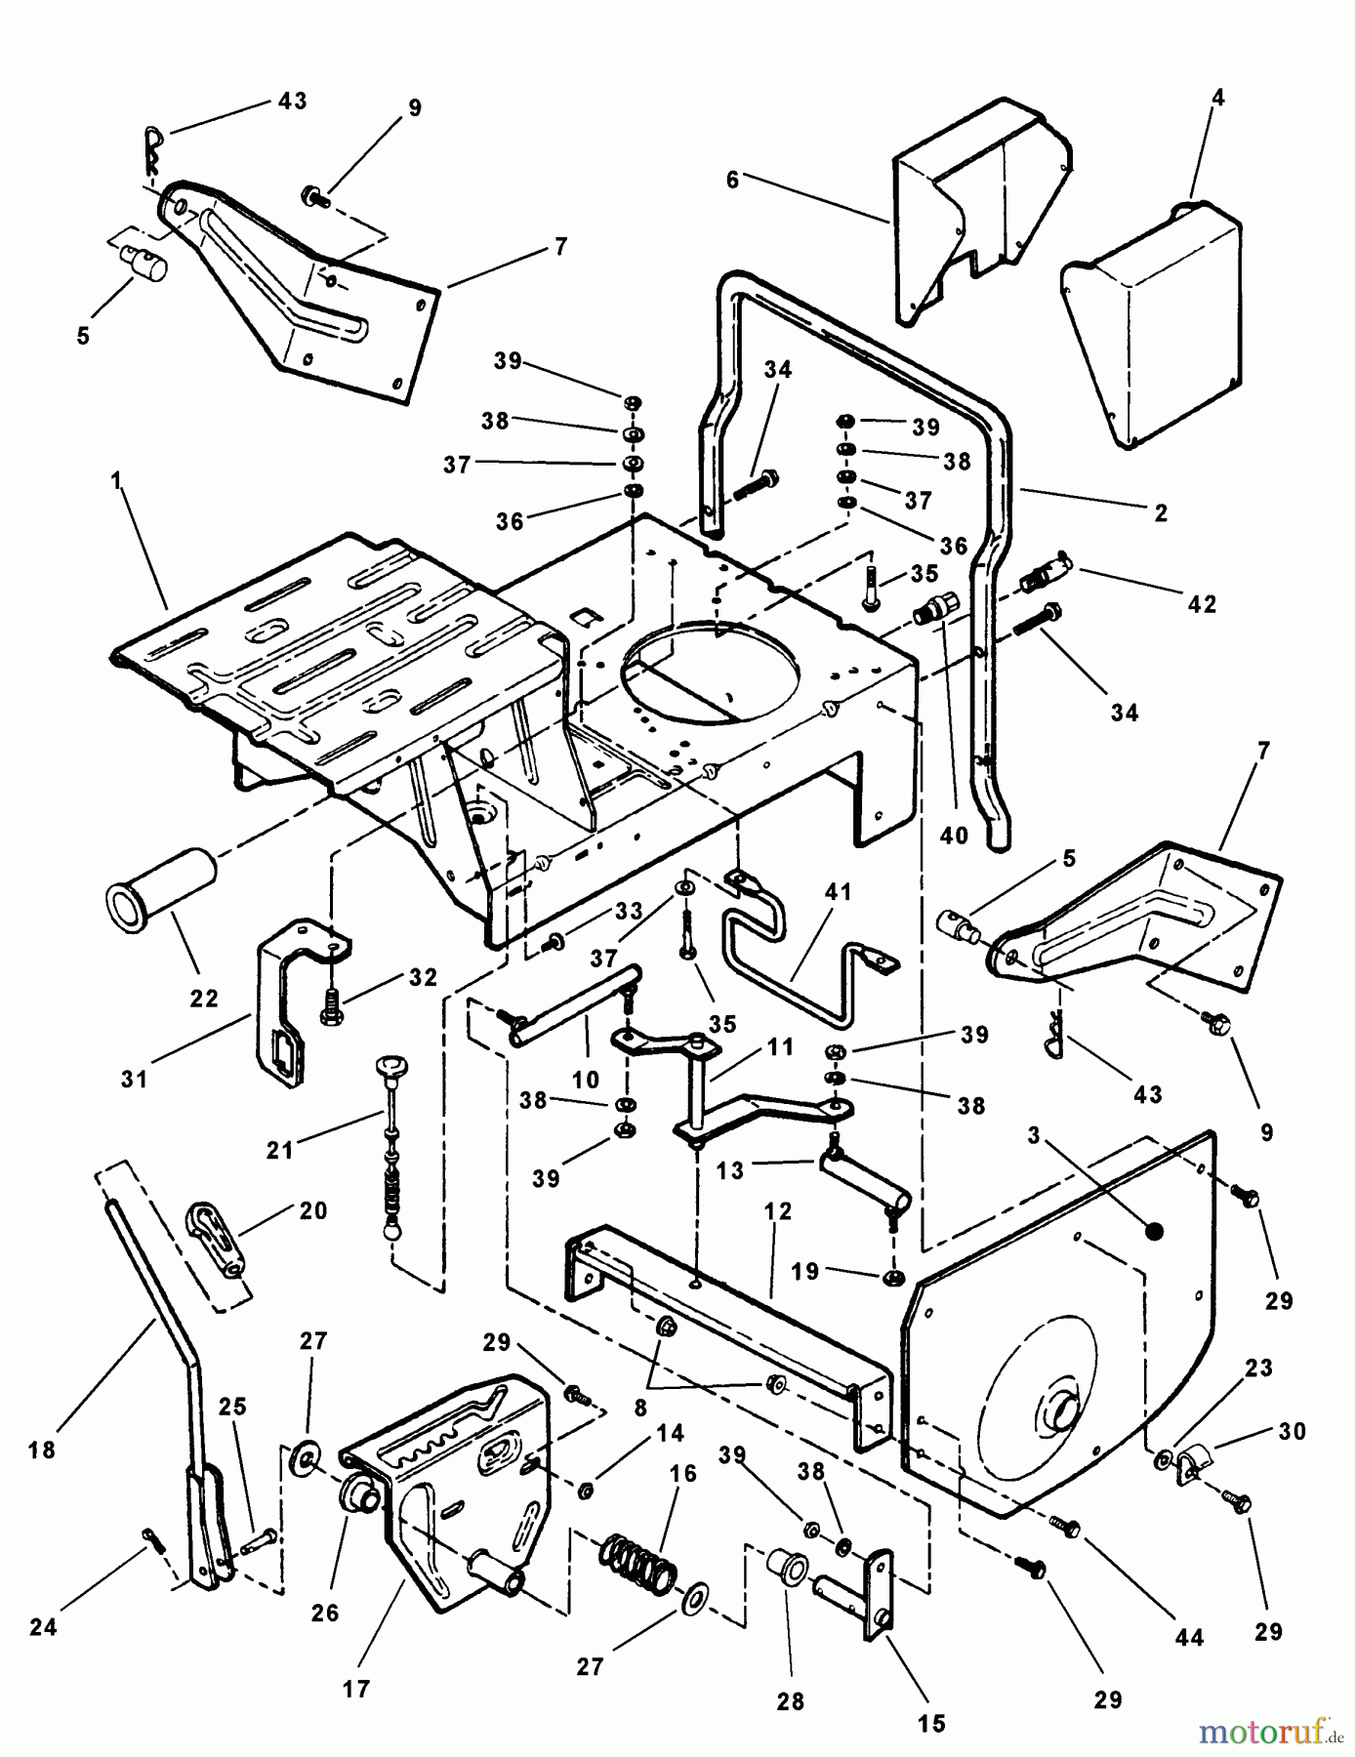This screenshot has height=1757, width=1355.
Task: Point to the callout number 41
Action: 839,891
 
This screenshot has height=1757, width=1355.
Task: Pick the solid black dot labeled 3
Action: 1152,1231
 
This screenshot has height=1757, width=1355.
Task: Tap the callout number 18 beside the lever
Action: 42,1450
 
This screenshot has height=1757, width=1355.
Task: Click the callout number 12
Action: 779,1210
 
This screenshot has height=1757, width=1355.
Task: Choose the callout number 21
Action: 280,1151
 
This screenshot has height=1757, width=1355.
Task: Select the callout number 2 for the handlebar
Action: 1160,512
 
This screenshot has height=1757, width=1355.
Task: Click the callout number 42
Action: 1202,604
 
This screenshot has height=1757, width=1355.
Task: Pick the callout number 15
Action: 932,1723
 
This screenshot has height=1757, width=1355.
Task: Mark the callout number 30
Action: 1293,1431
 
